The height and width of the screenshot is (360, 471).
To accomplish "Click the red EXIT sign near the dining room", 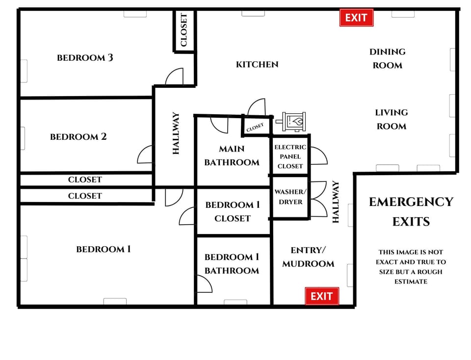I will click(x=356, y=18).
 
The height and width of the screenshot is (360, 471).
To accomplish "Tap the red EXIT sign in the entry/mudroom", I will click(x=322, y=296).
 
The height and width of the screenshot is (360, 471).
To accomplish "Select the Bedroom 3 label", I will click(x=85, y=58).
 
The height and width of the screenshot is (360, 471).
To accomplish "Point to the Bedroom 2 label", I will click(x=78, y=137).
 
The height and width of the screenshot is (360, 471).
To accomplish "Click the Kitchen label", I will click(x=257, y=64).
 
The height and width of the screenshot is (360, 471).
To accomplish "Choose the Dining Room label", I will click(x=387, y=58).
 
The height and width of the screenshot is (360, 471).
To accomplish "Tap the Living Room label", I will click(x=391, y=119).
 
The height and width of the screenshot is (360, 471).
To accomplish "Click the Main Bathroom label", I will click(x=232, y=155).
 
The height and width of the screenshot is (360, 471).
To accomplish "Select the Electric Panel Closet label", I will click(x=290, y=156).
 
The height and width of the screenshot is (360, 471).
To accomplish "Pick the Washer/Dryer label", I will click(x=290, y=197).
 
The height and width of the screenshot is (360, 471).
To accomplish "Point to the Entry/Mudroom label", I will click(x=308, y=257).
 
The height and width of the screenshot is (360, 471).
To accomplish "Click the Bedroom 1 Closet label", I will click(x=233, y=211).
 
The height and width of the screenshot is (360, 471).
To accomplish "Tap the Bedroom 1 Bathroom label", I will click(x=232, y=263).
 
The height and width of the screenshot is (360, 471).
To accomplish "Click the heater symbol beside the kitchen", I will click(x=294, y=121).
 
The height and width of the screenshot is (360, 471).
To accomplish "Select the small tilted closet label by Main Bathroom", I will click(x=255, y=128).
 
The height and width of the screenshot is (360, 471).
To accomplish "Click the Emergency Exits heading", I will click(x=411, y=211).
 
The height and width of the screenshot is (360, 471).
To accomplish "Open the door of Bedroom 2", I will click(x=145, y=155).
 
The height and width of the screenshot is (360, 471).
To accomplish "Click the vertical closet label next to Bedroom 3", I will click(x=184, y=30).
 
